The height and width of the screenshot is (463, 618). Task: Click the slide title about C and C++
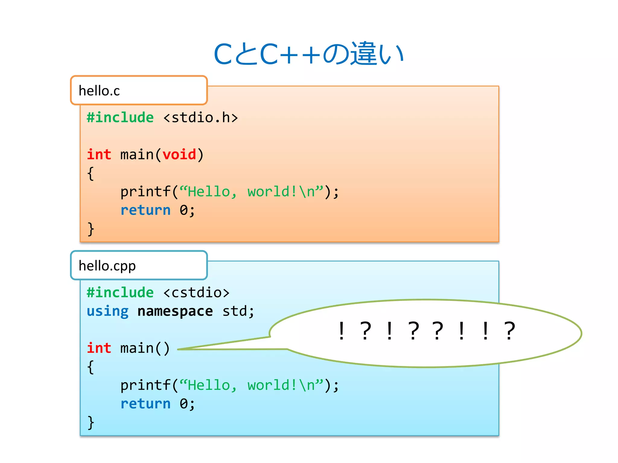pyautogui.click(x=308, y=54)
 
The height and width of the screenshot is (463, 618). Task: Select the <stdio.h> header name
pyautogui.click(x=200, y=118)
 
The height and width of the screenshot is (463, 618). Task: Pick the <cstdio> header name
pyautogui.click(x=196, y=293)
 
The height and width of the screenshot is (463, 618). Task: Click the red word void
pyautogui.click(x=179, y=155)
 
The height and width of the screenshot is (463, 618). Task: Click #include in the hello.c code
pyautogui.click(x=120, y=118)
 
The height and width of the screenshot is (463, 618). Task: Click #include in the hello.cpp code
pyautogui.click(x=120, y=293)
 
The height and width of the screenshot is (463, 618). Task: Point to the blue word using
pyautogui.click(x=107, y=311)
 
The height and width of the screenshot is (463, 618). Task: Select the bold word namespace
pyautogui.click(x=175, y=311)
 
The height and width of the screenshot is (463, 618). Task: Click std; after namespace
pyautogui.click(x=238, y=311)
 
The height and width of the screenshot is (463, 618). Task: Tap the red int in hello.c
pyautogui.click(x=99, y=155)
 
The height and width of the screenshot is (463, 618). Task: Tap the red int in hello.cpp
pyautogui.click(x=99, y=348)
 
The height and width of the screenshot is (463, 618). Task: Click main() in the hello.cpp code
pyautogui.click(x=145, y=348)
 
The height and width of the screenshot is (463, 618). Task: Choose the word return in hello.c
pyautogui.click(x=145, y=210)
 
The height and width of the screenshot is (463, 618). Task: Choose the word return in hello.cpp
pyautogui.click(x=145, y=404)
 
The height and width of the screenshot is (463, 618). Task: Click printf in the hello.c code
pyautogui.click(x=145, y=192)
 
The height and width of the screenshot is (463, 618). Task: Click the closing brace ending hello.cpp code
pyautogui.click(x=91, y=422)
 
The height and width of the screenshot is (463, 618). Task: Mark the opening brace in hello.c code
pyautogui.click(x=91, y=173)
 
